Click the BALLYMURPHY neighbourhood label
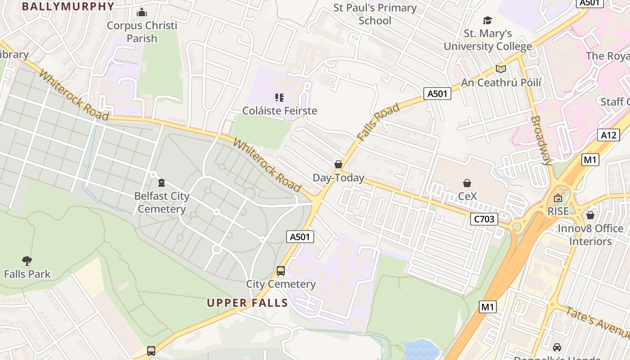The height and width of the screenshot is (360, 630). point(68,6)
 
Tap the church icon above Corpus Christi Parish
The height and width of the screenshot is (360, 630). point(142,12)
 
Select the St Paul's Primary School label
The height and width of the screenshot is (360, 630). point(375,14)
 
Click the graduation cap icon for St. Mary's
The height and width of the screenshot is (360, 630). point(487,20)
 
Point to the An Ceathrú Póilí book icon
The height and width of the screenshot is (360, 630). point(501,69)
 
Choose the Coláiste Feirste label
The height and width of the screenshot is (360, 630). point(279,111)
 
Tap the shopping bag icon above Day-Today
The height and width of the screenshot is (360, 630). point(338,165)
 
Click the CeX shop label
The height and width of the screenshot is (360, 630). point(467,197)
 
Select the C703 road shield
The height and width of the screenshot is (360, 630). point(484,219)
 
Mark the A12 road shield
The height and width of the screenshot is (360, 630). point(609,135)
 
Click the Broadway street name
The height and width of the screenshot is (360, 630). point(541,141)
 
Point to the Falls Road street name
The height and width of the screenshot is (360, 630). point(378,122)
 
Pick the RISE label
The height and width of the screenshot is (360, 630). point(558,211)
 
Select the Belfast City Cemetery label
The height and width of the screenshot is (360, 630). point(162,202)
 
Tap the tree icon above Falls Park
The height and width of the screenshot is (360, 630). point(27,260)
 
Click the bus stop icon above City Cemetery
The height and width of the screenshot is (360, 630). point(281,271)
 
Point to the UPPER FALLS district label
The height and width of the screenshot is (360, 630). point(247,303)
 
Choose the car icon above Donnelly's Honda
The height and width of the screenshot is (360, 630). point(557,347)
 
